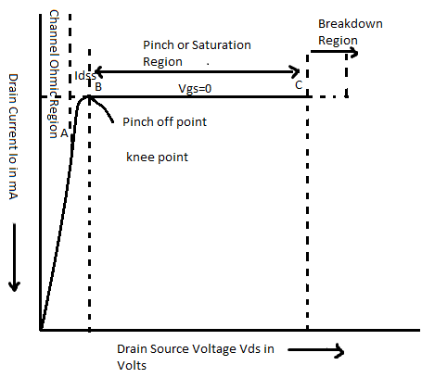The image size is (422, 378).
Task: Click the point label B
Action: point(97,86)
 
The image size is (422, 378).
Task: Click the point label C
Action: point(298,85)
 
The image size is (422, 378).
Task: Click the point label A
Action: point(63,133)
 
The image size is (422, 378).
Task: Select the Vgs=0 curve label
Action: point(196,86)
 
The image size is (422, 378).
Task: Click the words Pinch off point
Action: point(163,121)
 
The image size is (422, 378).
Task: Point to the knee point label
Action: point(157,157)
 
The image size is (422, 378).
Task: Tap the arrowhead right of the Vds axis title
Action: point(340,351)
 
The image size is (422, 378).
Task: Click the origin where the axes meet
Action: point(41,329)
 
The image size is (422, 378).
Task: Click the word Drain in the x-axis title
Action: point(133,349)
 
